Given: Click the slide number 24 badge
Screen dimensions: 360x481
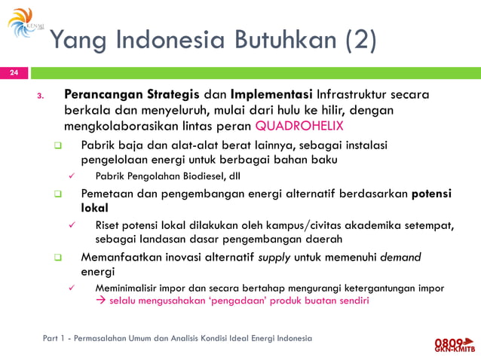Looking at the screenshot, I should point(14,73).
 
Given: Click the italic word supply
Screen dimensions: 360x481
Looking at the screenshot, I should point(274,257).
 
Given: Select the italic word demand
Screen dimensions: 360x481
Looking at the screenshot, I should point(401,257).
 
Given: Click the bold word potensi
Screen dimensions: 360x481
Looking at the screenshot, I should point(431,193).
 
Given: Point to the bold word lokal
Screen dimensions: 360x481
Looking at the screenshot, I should point(94,207).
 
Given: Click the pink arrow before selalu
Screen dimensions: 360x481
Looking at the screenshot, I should point(101,301).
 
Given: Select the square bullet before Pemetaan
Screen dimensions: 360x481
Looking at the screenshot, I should point(56,194).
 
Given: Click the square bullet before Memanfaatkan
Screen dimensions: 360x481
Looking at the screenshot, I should point(56,258).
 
